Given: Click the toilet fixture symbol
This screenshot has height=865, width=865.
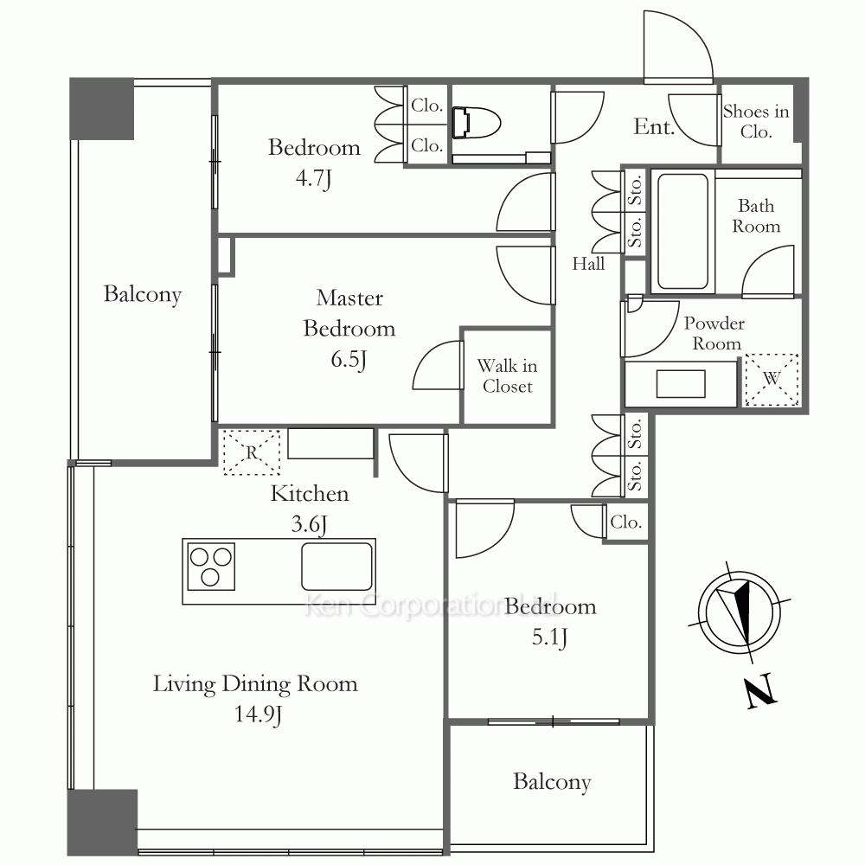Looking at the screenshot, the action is (476, 123).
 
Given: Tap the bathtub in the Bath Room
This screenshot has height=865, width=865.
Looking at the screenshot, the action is (683, 231).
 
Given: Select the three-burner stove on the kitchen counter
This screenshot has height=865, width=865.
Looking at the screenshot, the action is (211, 567).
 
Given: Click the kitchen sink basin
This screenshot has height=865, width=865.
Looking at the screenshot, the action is (337, 567).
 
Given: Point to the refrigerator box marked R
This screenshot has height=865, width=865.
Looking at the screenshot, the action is (252, 452).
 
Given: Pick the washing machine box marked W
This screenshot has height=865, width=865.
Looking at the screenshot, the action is (772, 380).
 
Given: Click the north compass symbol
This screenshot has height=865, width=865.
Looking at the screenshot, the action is (740, 612).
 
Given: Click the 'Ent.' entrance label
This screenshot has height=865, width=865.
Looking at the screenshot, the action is (654, 127).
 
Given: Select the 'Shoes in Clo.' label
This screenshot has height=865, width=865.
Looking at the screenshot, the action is (756, 121).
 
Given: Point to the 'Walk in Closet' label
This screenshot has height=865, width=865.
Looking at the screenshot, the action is (508, 375).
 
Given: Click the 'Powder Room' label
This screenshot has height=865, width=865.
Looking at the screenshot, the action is (715, 333).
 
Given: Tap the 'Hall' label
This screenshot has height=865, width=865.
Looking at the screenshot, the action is (588, 264).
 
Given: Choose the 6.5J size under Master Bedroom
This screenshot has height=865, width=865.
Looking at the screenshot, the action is (349, 360).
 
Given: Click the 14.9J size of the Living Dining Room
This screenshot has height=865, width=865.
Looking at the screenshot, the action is (258, 714).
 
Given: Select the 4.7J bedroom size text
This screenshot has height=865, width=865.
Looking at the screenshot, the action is (313, 178).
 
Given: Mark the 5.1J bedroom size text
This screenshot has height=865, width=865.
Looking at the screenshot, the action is (549, 638).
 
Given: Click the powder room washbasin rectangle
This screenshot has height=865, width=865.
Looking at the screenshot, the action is (681, 384).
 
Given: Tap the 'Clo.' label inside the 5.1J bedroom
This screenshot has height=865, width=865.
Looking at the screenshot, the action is (626, 522).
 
